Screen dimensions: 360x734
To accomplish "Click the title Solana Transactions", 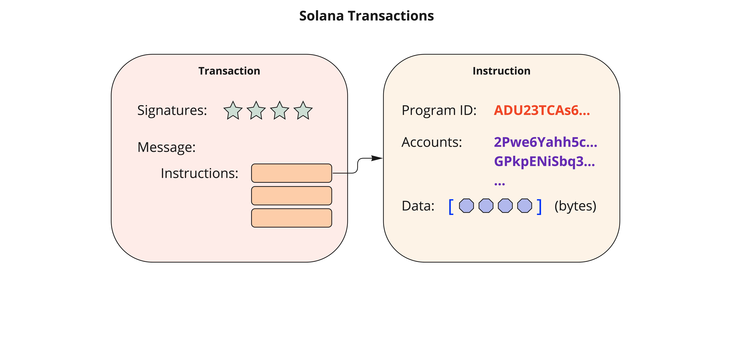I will click(x=366, y=16).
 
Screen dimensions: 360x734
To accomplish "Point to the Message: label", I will click(x=166, y=147).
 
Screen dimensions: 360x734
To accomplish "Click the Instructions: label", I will click(x=199, y=173).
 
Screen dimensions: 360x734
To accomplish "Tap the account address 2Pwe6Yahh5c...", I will click(x=545, y=142).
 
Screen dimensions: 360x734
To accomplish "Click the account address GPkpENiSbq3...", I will click(x=544, y=161).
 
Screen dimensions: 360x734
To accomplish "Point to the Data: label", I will click(x=418, y=206).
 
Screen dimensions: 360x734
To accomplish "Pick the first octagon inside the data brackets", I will click(x=466, y=206).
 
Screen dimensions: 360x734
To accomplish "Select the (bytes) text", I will click(x=575, y=206).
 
